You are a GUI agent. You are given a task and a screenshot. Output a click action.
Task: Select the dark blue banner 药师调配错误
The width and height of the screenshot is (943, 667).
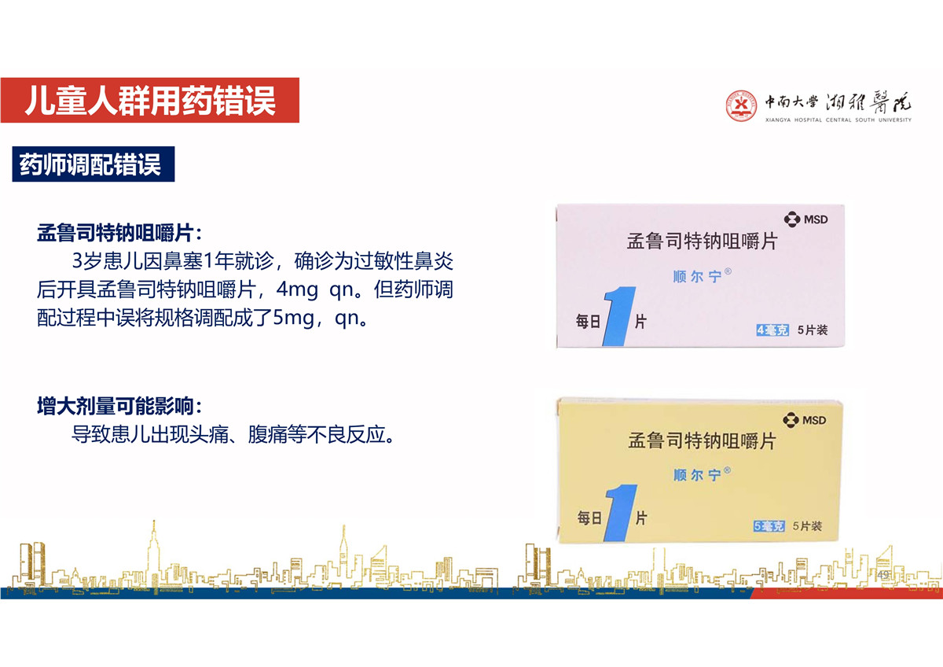click(x=94, y=164)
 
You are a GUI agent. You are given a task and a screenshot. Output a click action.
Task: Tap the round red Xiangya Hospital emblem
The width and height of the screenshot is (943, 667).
click(x=741, y=105)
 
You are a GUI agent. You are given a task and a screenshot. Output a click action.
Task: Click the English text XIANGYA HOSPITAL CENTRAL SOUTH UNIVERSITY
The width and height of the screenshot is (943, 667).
click(x=838, y=120)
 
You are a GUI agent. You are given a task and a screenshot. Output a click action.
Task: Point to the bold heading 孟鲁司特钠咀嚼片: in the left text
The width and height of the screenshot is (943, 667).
click(x=119, y=233)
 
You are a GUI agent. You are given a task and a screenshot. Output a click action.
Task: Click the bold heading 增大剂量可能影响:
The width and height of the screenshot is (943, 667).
click(x=119, y=406)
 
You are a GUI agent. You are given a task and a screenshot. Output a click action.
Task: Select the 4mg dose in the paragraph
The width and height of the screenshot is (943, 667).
click(x=297, y=290)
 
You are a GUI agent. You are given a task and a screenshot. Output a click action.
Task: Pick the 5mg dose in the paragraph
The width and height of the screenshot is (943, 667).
click(x=294, y=318)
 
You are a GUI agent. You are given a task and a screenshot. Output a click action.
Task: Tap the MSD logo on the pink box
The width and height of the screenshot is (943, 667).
click(x=805, y=219)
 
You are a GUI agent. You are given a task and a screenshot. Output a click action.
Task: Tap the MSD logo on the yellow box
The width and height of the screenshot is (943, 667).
click(x=805, y=420)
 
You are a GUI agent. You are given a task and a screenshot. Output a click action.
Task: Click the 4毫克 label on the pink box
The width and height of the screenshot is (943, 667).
click(x=772, y=330)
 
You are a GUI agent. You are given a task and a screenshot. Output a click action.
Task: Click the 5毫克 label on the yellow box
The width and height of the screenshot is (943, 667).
click(x=769, y=526)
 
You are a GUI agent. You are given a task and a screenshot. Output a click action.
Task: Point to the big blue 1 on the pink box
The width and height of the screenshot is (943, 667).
click(x=618, y=316)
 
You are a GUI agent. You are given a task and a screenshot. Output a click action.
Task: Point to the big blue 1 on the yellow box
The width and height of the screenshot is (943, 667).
click(x=620, y=513)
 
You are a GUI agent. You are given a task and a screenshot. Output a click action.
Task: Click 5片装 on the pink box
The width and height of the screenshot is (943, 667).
click(x=813, y=330)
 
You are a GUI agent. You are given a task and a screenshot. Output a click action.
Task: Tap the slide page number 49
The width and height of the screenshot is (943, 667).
click(x=883, y=575)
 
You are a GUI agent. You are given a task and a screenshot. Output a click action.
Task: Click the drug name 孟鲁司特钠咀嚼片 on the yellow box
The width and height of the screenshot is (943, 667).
click(x=702, y=441)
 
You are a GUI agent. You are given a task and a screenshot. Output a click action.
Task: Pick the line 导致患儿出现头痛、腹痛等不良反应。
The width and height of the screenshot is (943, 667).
click(x=234, y=434)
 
